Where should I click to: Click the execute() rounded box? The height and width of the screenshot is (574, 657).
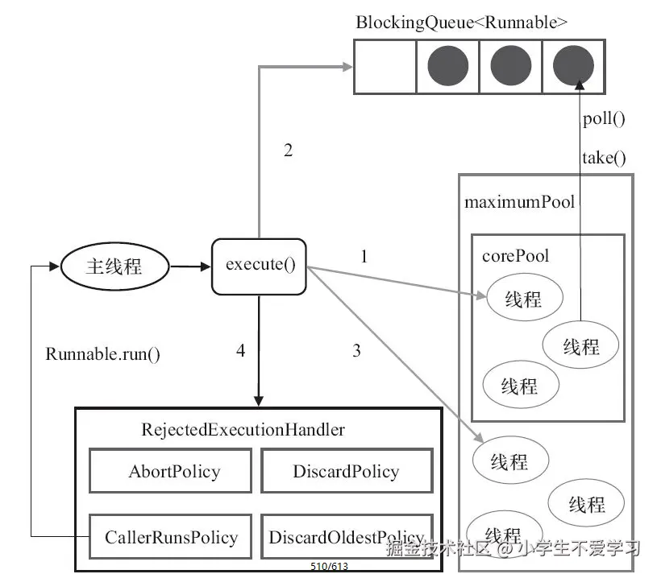pyautogui.click(x=259, y=265)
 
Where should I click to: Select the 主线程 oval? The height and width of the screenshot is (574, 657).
pyautogui.click(x=114, y=265)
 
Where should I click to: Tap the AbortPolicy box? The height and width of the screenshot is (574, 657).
pyautogui.click(x=174, y=471)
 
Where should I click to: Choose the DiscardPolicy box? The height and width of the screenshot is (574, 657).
pyautogui.click(x=346, y=471)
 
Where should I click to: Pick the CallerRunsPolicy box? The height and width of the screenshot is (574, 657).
pyautogui.click(x=172, y=536)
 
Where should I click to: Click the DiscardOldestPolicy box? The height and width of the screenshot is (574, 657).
pyautogui.click(x=347, y=536)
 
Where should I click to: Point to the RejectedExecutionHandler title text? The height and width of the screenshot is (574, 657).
pyautogui.click(x=243, y=429)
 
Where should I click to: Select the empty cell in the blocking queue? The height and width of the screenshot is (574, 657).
pyautogui.click(x=385, y=66)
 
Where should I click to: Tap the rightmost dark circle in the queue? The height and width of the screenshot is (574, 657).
pyautogui.click(x=574, y=66)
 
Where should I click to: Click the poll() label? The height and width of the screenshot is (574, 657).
pyautogui.click(x=604, y=119)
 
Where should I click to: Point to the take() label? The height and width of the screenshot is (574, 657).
pyautogui.click(x=604, y=157)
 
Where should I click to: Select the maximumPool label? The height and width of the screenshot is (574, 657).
pyautogui.click(x=519, y=201)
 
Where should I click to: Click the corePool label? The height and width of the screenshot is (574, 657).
pyautogui.click(x=515, y=255)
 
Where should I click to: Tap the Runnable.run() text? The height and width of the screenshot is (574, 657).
pyautogui.click(x=102, y=353)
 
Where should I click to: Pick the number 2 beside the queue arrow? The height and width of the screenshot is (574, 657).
pyautogui.click(x=288, y=150)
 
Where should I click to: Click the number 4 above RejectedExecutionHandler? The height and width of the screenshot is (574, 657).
pyautogui.click(x=240, y=350)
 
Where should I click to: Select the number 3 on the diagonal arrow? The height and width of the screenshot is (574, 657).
pyautogui.click(x=356, y=350)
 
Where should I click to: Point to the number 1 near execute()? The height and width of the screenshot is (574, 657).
pyautogui.click(x=364, y=257)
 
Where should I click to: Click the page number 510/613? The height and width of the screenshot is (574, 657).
pyautogui.click(x=329, y=567)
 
